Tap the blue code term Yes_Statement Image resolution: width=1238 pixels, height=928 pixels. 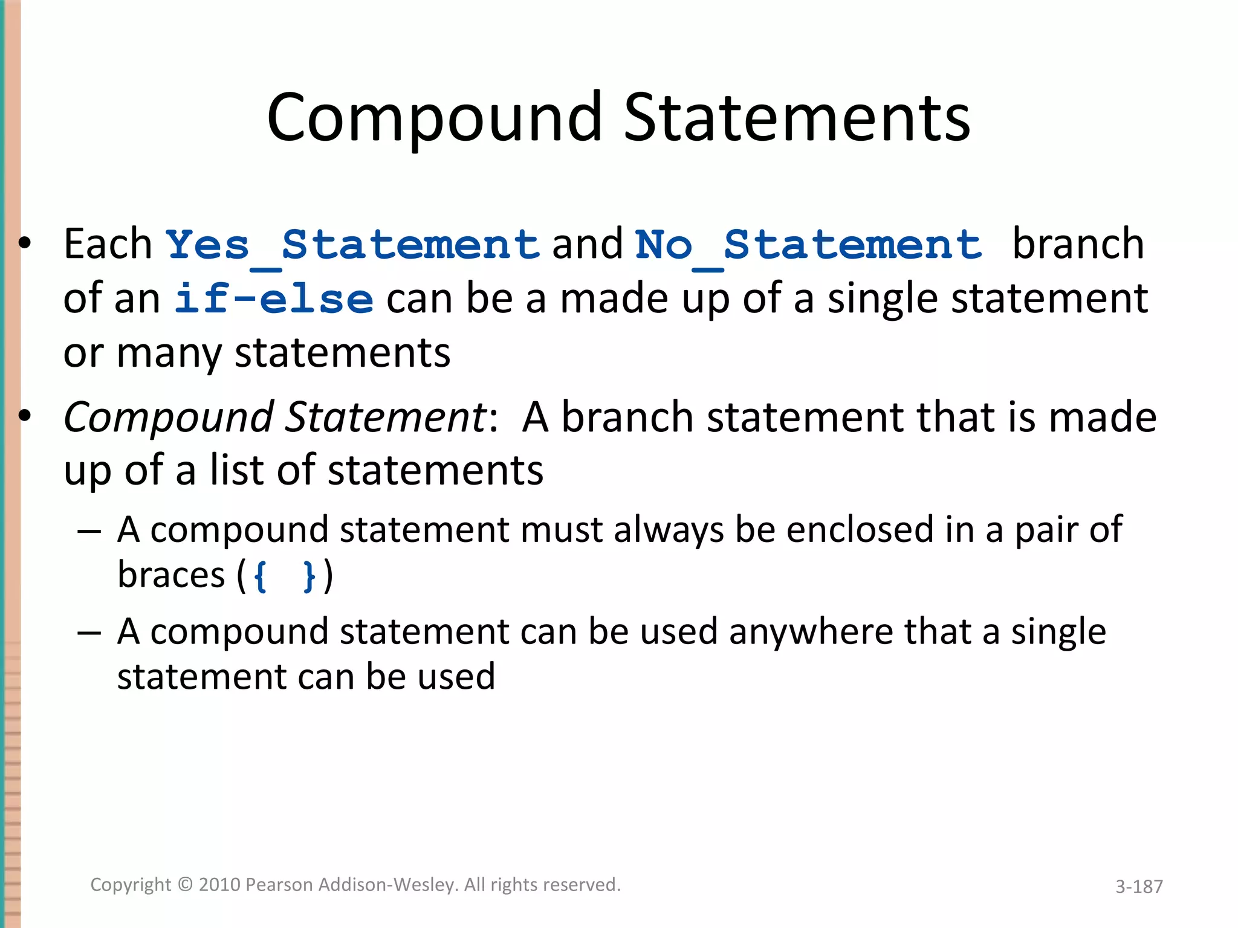[x=352, y=245]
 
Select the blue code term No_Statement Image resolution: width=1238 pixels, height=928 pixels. [x=808, y=245]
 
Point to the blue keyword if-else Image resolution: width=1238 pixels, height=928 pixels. [x=274, y=300]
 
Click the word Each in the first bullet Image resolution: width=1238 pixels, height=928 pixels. [x=108, y=244]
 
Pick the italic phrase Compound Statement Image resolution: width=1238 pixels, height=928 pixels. [x=275, y=418]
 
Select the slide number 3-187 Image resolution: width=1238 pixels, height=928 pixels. [x=1139, y=886]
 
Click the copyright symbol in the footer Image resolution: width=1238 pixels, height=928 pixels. [x=185, y=884]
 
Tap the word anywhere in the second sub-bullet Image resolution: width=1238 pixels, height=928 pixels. [x=810, y=632]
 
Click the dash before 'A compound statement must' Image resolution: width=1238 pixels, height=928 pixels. [x=89, y=531]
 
